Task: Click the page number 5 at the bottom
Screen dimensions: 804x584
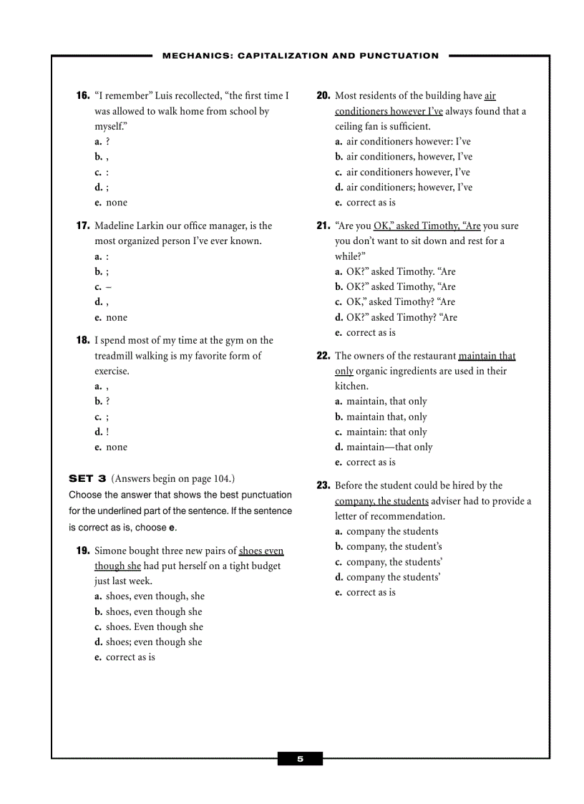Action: pyautogui.click(x=300, y=759)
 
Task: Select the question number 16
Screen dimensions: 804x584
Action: pyautogui.click(x=83, y=96)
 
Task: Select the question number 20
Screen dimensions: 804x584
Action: pyautogui.click(x=323, y=96)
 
